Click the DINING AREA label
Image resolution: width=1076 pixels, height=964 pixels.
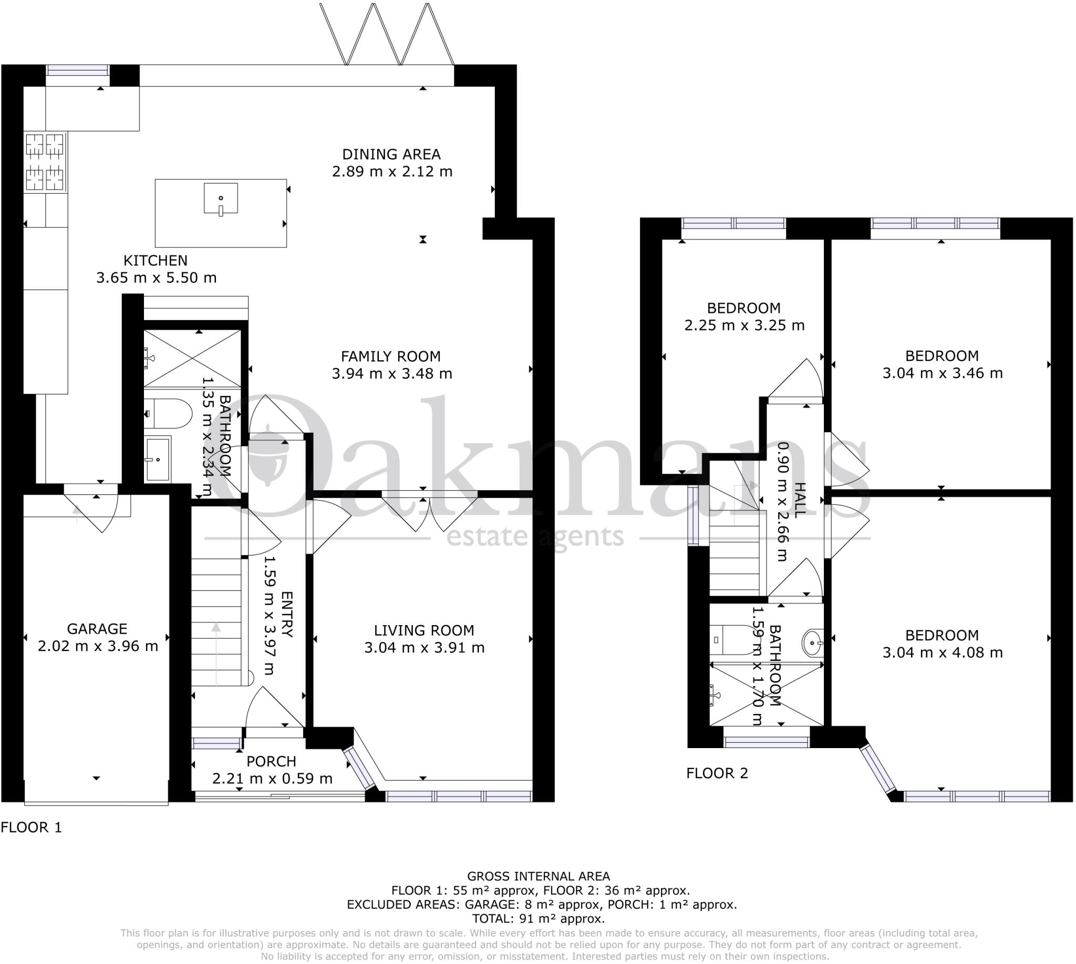pos(391,154)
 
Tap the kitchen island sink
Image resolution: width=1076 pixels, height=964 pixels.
pos(220,199)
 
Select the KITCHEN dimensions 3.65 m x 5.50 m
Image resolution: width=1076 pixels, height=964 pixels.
pos(156,277)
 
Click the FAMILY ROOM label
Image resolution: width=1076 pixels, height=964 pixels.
pos(390,357)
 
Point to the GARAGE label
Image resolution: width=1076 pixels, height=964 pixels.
pos(97,629)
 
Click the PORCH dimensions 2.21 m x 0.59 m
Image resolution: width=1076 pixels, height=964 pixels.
pos(272,778)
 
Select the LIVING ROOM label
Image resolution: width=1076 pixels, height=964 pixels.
pos(424,630)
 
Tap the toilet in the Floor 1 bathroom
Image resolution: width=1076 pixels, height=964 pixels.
pos(169,413)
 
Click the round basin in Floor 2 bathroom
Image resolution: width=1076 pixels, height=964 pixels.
pos(812,643)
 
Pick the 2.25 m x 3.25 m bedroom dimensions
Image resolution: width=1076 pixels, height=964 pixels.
pos(744,325)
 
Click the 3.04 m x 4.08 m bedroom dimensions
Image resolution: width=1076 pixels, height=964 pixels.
pos(942,652)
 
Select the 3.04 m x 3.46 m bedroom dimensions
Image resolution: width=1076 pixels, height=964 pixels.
pos(942,374)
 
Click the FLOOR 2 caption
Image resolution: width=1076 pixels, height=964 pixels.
pos(717,773)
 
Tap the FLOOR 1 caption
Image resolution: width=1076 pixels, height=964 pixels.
pos(31,827)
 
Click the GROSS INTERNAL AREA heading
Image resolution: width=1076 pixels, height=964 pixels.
pos(539,876)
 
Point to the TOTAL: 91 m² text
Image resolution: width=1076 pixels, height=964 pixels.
pos(539,919)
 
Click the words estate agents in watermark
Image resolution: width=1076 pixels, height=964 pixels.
pos(535,537)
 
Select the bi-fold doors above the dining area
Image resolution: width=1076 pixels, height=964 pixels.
pos(387,35)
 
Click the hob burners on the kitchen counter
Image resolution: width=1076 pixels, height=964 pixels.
pos(46,162)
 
